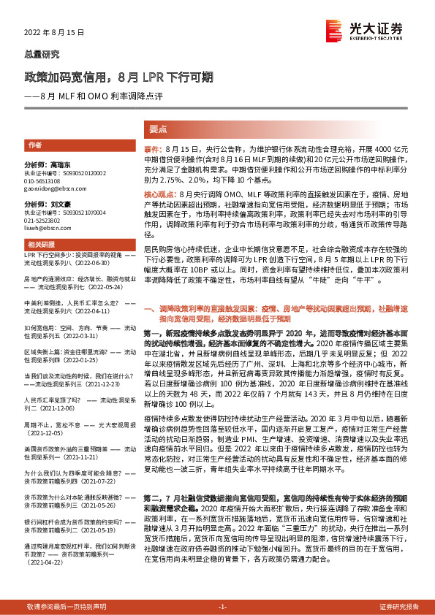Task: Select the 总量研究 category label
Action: pyautogui.click(x=42, y=55)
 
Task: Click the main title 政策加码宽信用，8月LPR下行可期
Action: pyautogui.click(x=119, y=77)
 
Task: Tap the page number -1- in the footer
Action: pyautogui.click(x=223, y=607)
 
